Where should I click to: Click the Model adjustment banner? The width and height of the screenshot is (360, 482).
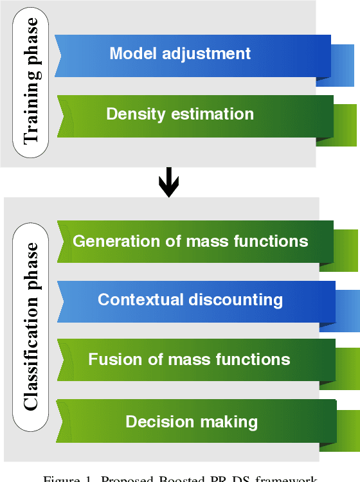coord(193,53)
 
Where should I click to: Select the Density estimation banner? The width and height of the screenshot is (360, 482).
coord(193,115)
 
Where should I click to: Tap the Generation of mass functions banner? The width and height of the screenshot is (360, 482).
coord(193,242)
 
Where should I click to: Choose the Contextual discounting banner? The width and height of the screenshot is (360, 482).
coord(193,300)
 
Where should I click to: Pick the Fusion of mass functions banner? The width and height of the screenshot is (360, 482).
coord(193,359)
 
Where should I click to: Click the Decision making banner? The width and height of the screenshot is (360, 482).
coord(193,422)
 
